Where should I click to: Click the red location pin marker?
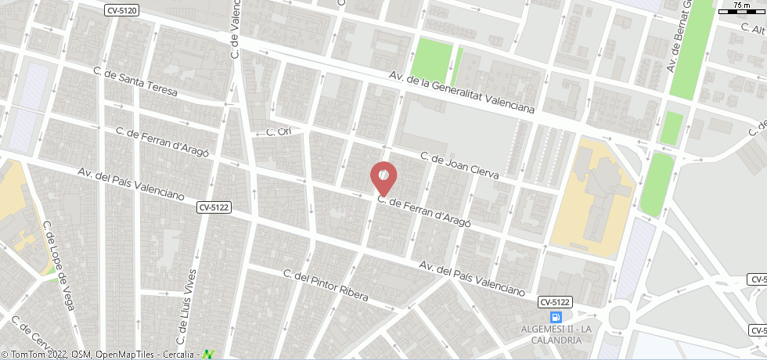(383, 178)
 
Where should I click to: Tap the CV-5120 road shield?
(122, 9)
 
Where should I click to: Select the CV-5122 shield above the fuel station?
(556, 301)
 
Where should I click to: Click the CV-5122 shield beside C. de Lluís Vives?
(214, 207)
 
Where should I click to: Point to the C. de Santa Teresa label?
(135, 82)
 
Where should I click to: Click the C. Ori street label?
(279, 131)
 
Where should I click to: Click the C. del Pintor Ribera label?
(326, 283)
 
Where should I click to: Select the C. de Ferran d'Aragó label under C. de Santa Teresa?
(162, 142)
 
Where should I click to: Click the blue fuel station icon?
(556, 317)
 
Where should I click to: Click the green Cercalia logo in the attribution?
(208, 355)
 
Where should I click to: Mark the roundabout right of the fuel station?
(620, 317)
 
